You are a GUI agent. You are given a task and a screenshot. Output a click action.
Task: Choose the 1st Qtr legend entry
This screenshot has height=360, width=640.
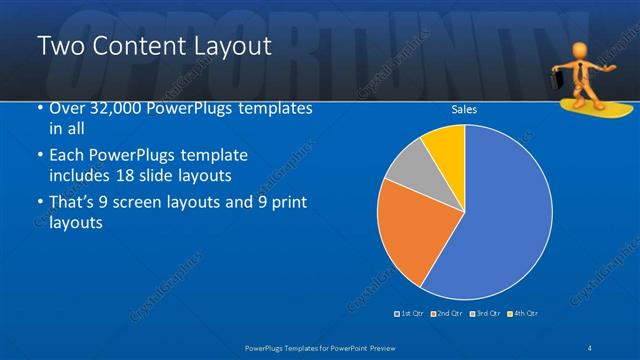410,314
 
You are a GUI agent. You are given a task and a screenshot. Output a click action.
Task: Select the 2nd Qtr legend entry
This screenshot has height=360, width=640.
446,314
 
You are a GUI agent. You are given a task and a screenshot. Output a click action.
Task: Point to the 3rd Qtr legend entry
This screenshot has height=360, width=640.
485,314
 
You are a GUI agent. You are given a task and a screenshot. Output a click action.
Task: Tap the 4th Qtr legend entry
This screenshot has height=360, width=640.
523,314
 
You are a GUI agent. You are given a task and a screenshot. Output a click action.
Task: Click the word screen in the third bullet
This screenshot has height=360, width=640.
147,202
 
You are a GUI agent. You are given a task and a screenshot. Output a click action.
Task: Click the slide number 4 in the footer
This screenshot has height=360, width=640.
592,346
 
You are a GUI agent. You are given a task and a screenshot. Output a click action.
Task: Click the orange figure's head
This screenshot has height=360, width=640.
582,50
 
